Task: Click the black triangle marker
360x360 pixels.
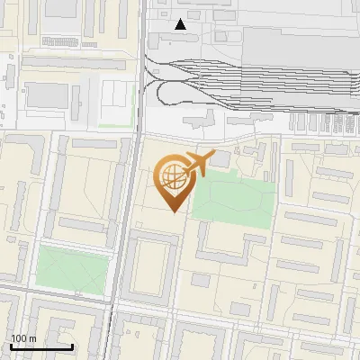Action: click(x=181, y=24)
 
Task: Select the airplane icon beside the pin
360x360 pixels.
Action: click(x=199, y=164)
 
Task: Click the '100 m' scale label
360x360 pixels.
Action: click(x=23, y=338)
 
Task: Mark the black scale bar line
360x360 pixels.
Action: click(x=41, y=346)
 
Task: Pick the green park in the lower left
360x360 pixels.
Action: click(x=72, y=271)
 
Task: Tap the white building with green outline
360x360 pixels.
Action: click(x=114, y=103)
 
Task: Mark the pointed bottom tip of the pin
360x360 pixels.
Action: click(x=173, y=211)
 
